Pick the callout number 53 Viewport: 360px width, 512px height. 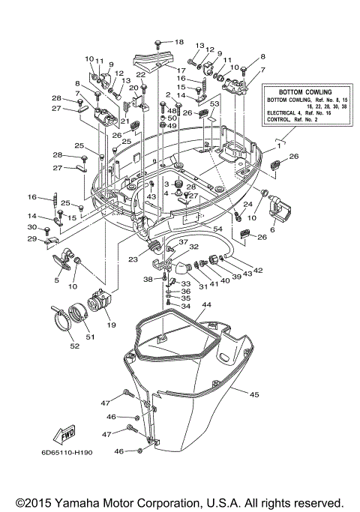pyautogui.click(x=214, y=103)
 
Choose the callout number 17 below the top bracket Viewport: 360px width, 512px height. pyautogui.click(x=181, y=70)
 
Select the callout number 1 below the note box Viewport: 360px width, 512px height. pyautogui.click(x=279, y=146)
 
